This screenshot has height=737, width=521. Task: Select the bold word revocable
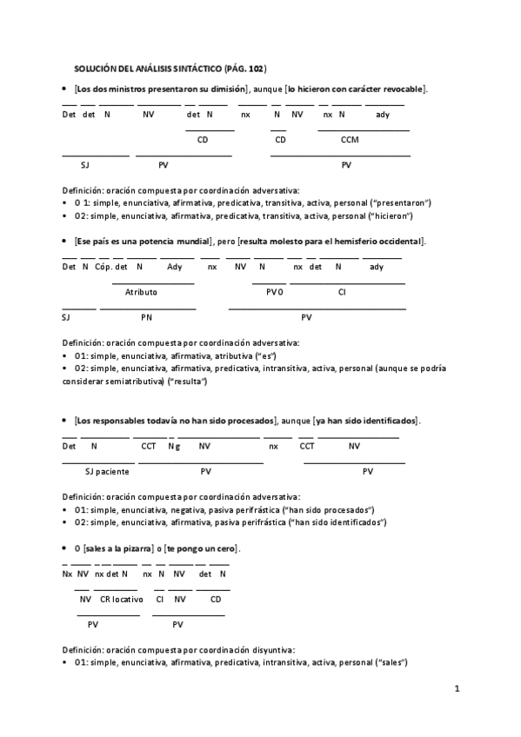(x=401, y=90)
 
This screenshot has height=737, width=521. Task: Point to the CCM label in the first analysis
(x=350, y=139)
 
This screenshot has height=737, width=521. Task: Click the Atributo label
(x=141, y=292)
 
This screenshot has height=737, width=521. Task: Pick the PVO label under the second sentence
(x=275, y=292)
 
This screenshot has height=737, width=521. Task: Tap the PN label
(x=146, y=317)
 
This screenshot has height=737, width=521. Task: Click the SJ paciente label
(x=107, y=471)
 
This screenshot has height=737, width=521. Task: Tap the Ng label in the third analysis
(x=174, y=446)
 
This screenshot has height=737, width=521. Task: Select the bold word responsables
(x=126, y=420)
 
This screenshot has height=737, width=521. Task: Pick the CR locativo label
(x=122, y=599)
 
